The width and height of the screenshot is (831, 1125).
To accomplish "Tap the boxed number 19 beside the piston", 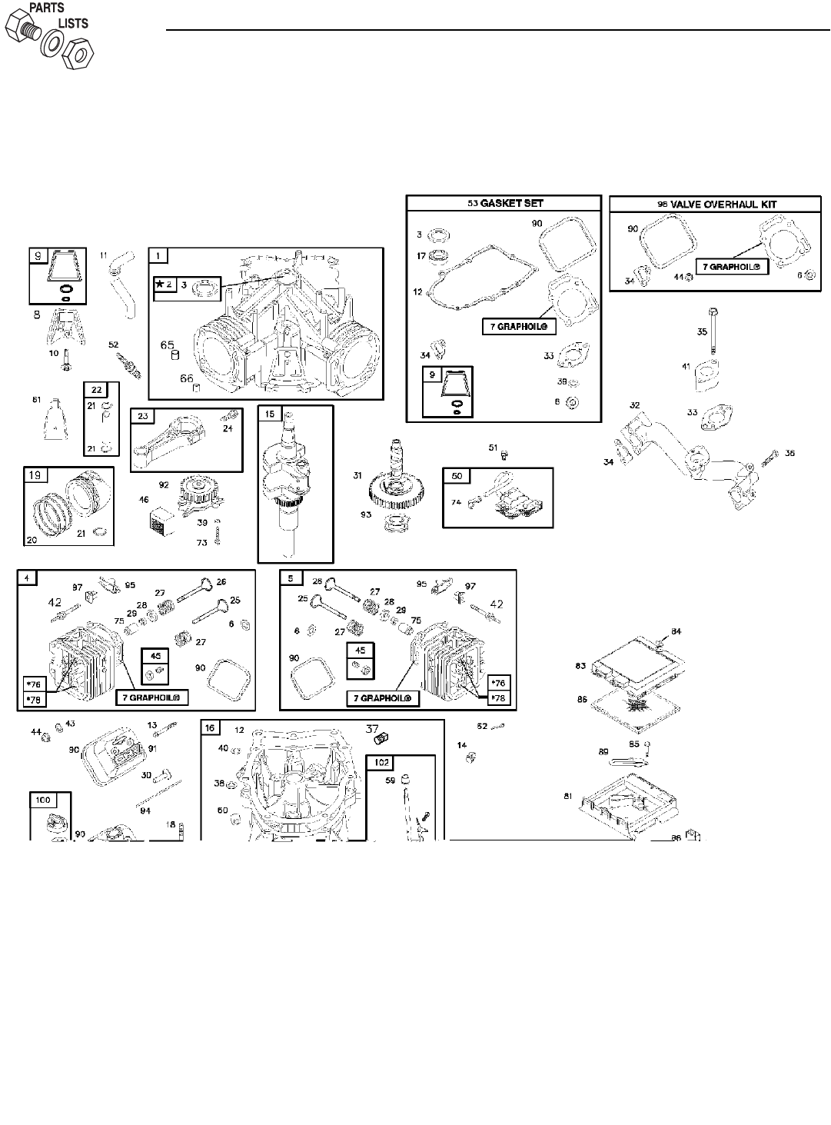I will coord(35,476).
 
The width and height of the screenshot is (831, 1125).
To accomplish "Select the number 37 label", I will coord(372,728).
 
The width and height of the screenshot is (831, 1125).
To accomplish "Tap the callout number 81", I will coord(567,796).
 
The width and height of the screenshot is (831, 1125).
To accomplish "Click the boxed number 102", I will coord(382,764).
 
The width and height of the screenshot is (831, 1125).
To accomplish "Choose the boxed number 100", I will coord(43,800).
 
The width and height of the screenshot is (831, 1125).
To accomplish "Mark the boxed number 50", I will coord(457,477).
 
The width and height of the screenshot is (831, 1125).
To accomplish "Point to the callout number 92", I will coord(164,484).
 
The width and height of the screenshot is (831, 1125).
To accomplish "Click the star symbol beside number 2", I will coord(158,285).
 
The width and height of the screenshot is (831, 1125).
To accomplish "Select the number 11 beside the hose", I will coord(104,254).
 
